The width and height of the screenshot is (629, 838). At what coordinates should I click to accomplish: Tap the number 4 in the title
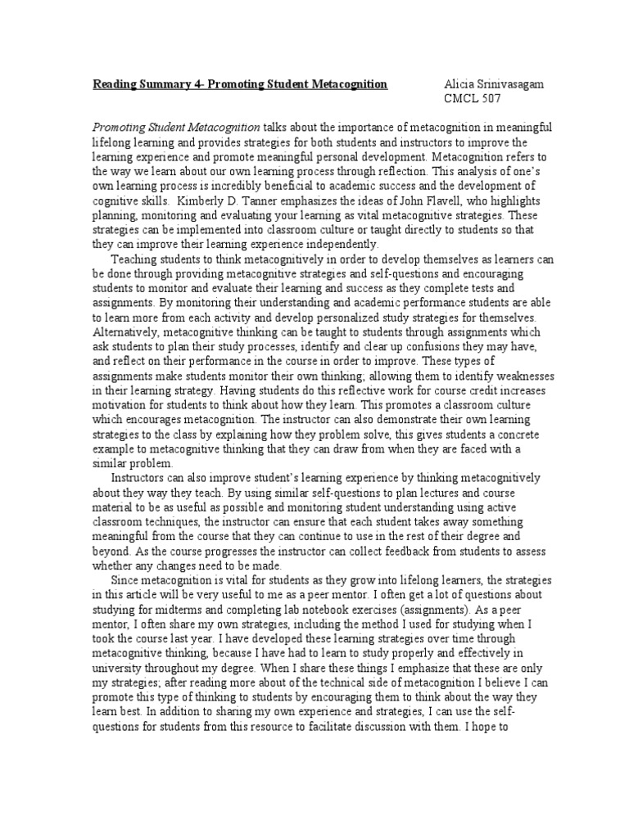coord(197,84)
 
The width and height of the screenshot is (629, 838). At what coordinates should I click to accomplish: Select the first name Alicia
coord(459,84)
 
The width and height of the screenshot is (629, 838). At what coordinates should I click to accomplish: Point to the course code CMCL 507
coord(471,99)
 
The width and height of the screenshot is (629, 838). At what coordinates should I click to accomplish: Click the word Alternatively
coord(132,334)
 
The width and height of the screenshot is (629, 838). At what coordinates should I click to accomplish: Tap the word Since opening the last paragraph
coord(126,581)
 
